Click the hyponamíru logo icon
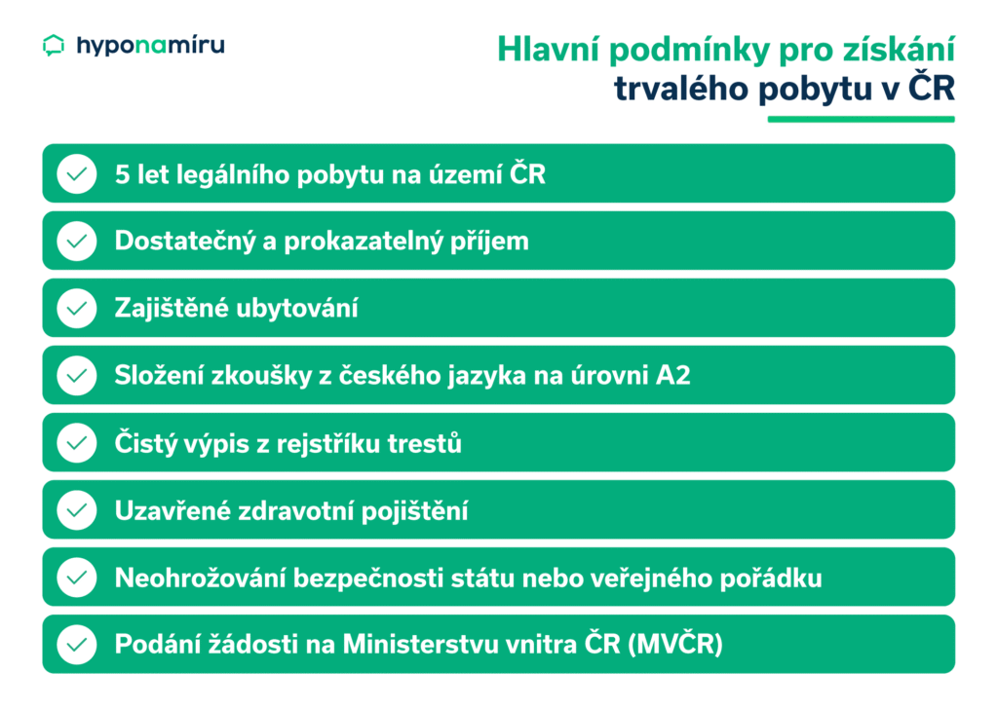tap(55, 45)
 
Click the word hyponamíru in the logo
tap(150, 45)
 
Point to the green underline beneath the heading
tap(861, 119)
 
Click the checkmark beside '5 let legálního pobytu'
tap(76, 174)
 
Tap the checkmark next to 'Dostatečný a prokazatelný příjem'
tap(76, 242)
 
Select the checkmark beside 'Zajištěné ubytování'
tap(76, 309)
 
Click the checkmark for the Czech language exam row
tap(76, 376)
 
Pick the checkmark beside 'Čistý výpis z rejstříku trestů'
tap(76, 443)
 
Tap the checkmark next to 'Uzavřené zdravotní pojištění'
tap(76, 510)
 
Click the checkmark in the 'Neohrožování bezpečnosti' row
tap(76, 578)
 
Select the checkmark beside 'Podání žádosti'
tap(76, 645)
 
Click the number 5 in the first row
tap(122, 174)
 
